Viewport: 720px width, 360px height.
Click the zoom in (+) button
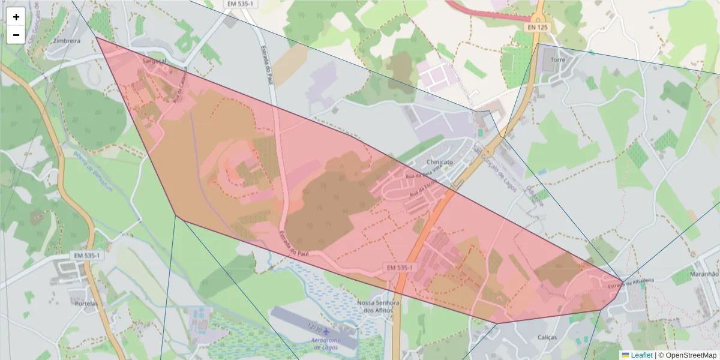point(16,17)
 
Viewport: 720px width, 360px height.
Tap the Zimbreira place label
point(67,41)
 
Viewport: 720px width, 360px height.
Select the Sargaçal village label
point(154,61)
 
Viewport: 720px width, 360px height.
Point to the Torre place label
point(558,61)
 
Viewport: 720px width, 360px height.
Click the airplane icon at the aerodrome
point(326,332)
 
